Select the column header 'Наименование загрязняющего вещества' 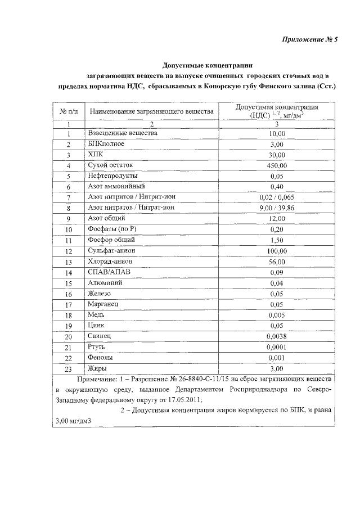(151, 112)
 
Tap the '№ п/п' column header (68, 112)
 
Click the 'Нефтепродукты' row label (113, 176)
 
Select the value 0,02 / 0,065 (277, 197)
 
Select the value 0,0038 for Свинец (277, 336)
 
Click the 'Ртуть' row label (97, 347)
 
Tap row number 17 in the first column (68, 305)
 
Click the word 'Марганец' (104, 304)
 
